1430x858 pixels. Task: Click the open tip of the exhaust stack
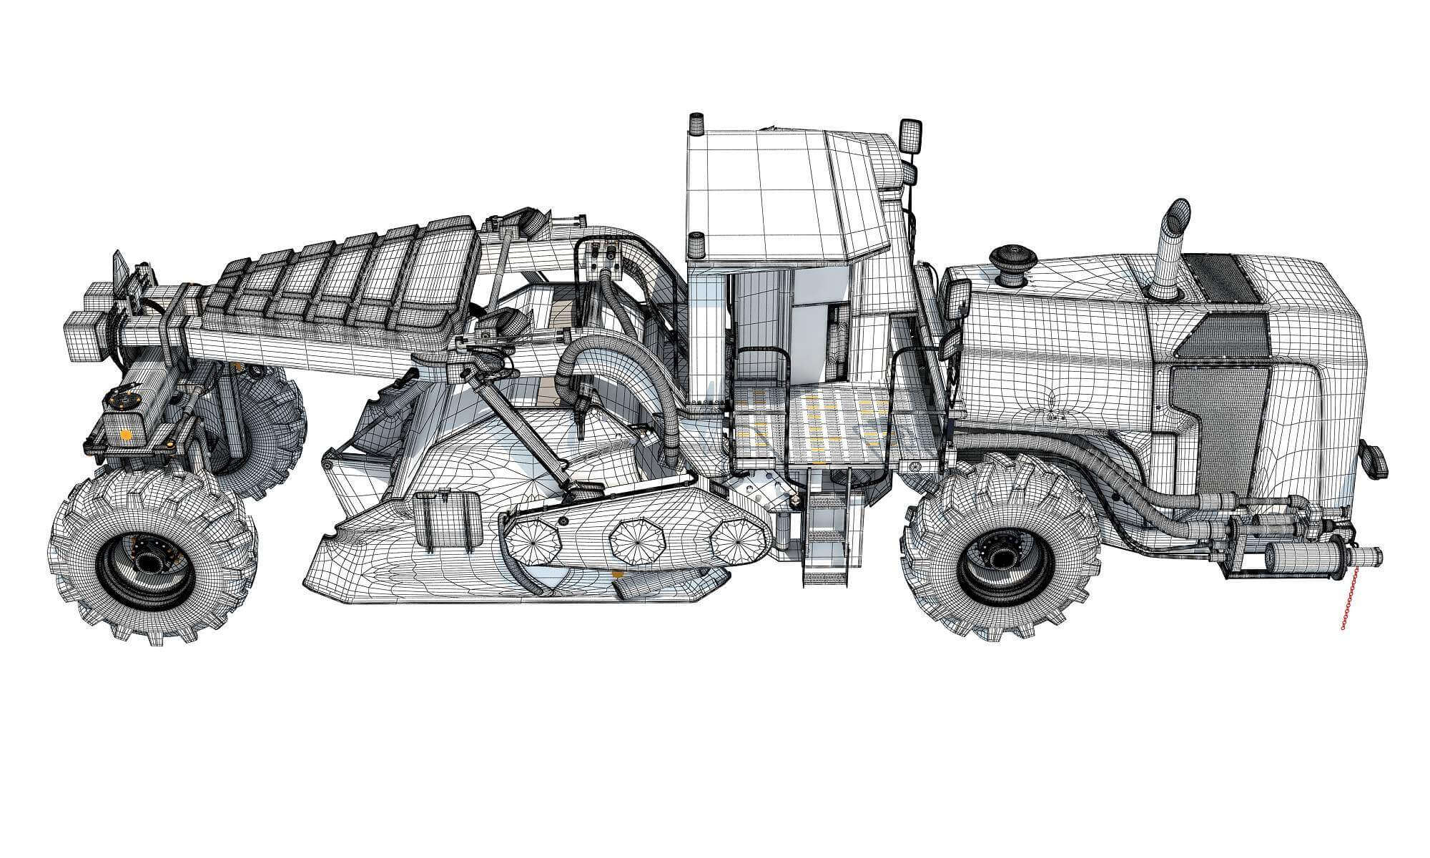[1179, 212]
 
